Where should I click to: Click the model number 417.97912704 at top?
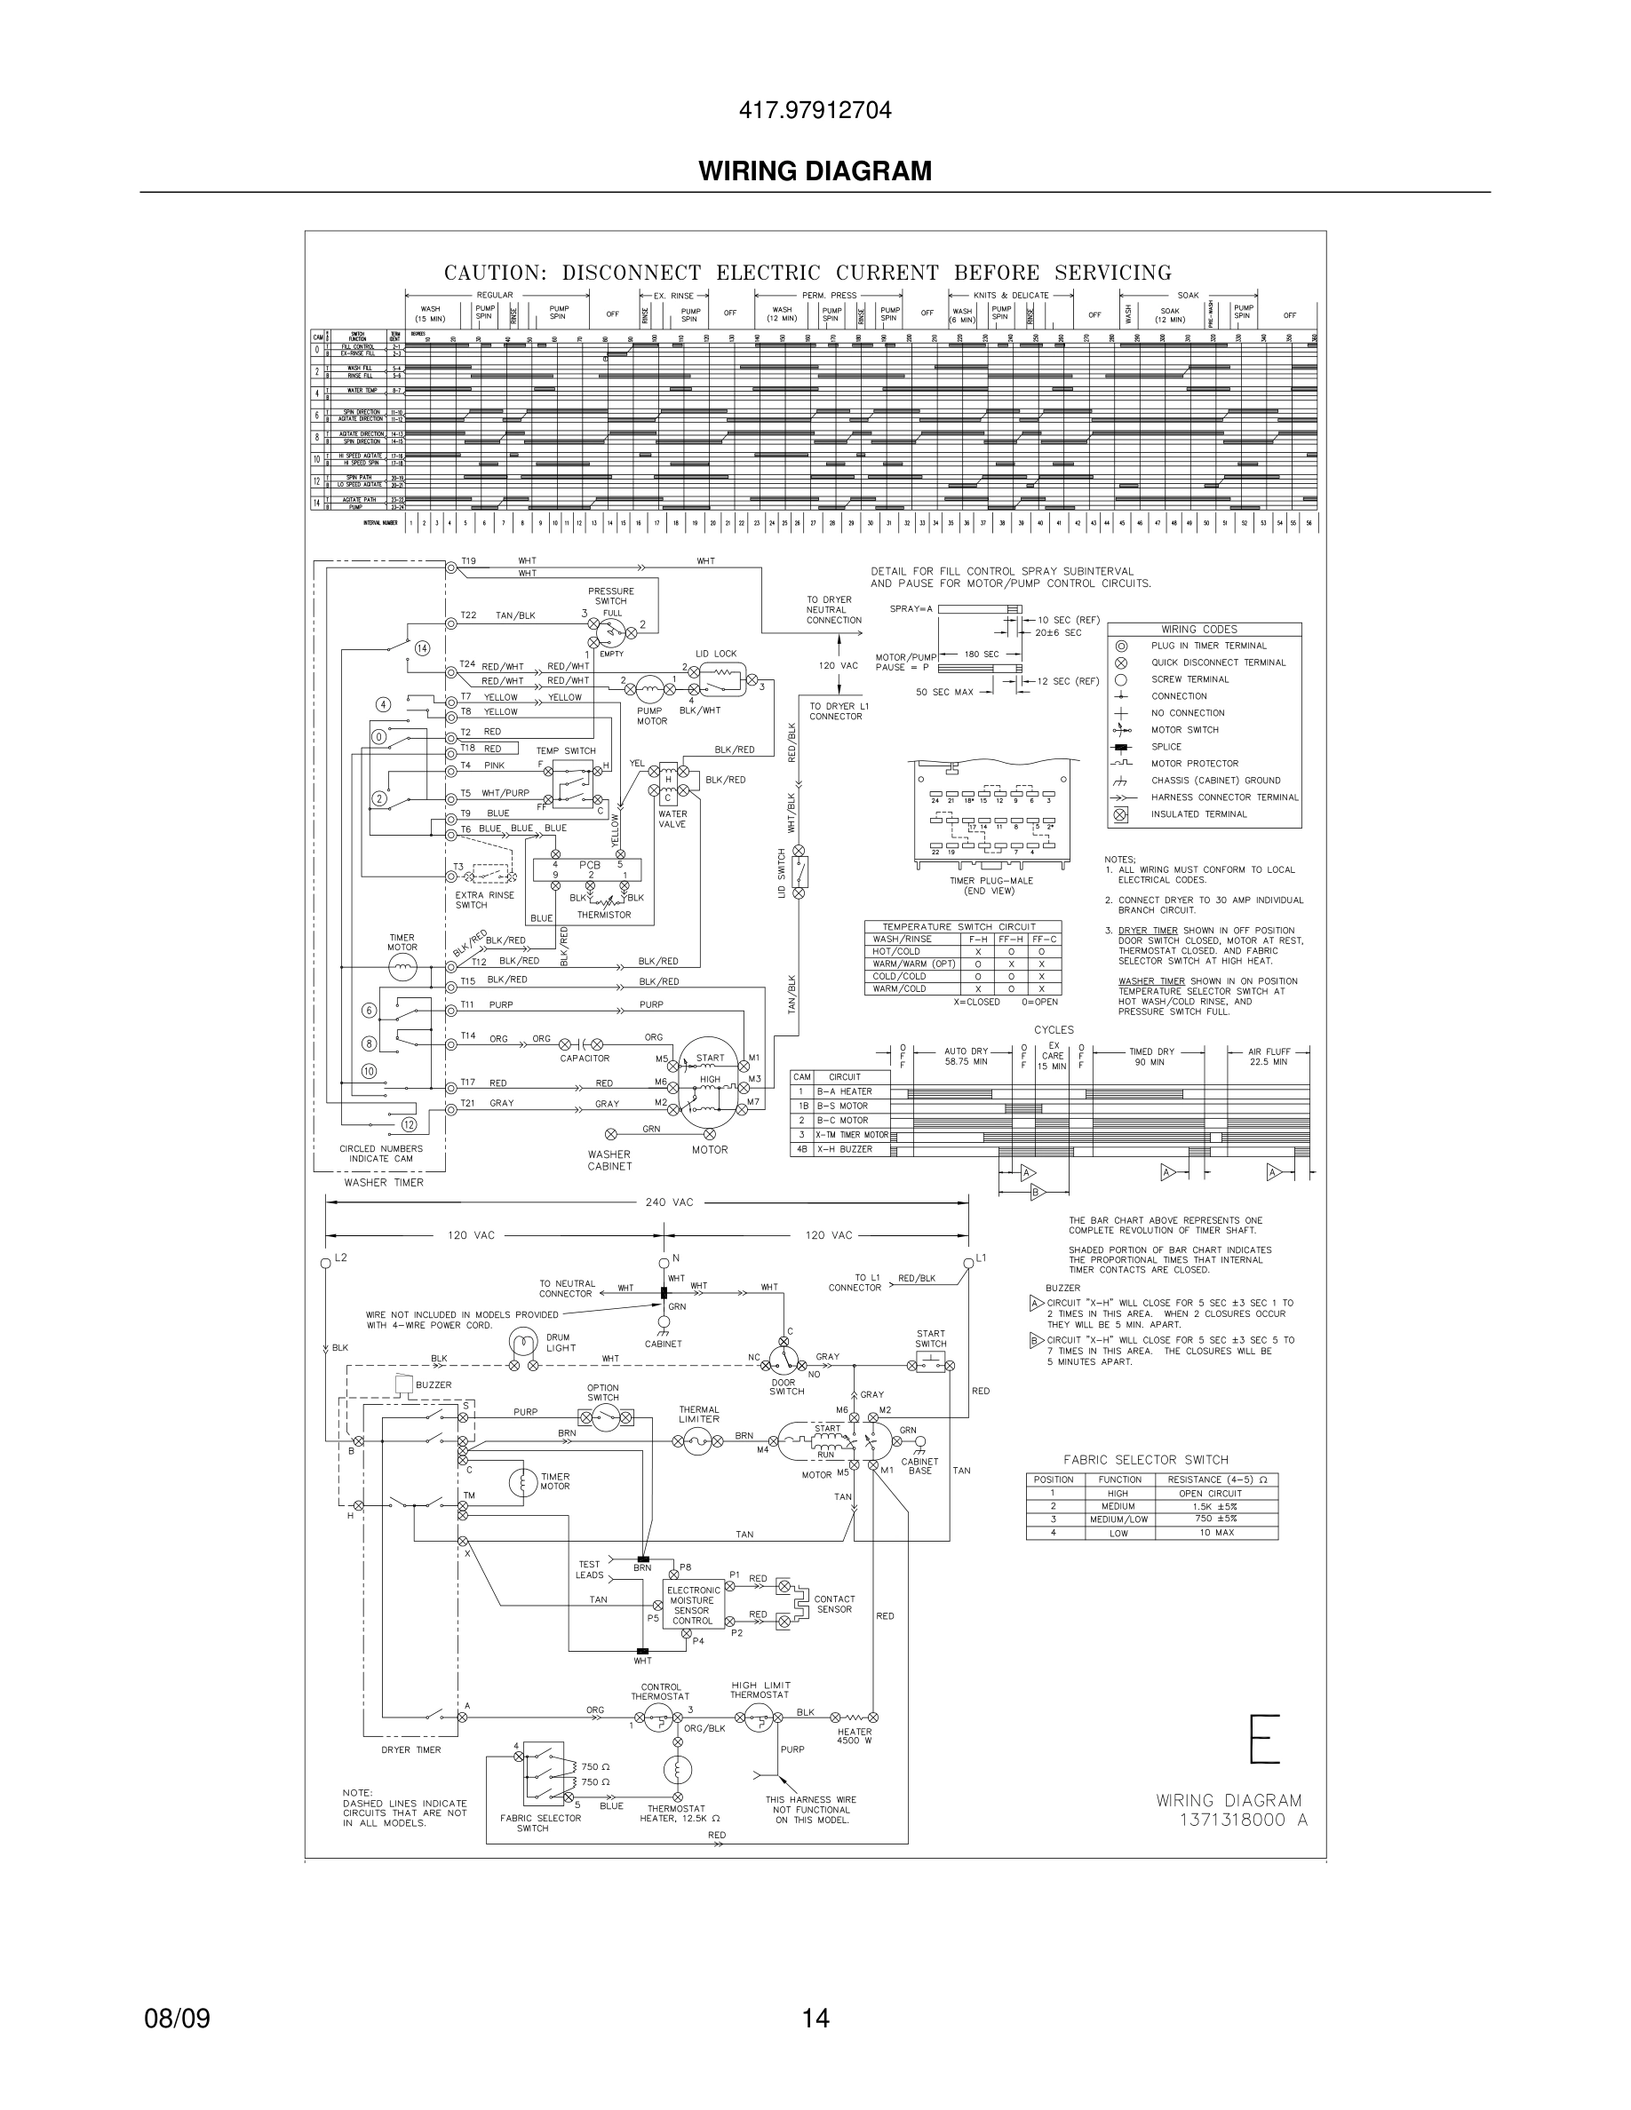(x=815, y=111)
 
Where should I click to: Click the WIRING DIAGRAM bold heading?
(x=815, y=171)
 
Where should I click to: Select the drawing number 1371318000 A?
(x=1243, y=1820)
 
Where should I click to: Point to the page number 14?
(x=815, y=2019)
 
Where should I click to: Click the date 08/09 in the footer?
(x=177, y=2019)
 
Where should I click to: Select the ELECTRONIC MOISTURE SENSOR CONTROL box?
(x=693, y=1605)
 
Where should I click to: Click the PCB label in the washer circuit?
(x=589, y=865)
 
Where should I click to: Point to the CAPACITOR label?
(x=585, y=1058)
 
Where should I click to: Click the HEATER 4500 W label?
(x=855, y=1736)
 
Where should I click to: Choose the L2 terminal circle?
(x=326, y=1263)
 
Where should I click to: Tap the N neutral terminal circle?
(x=664, y=1263)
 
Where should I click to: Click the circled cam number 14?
(x=422, y=647)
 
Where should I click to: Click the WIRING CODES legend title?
(x=1199, y=629)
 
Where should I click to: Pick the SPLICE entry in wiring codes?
(x=1166, y=747)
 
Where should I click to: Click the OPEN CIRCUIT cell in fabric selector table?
(x=1204, y=1494)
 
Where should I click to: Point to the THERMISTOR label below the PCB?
(x=604, y=915)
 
